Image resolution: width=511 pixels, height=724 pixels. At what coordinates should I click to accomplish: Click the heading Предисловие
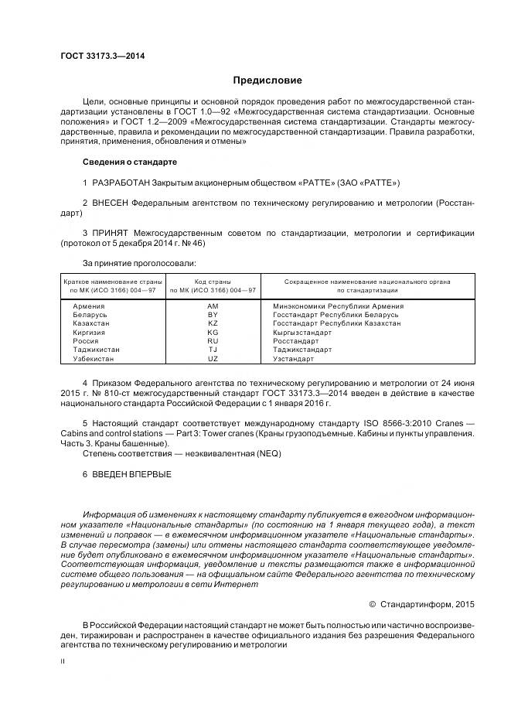coord(267,80)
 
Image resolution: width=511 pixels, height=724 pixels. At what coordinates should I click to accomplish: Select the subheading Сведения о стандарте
coord(130,162)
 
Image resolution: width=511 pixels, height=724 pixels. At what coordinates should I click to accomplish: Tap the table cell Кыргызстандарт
coord(302,333)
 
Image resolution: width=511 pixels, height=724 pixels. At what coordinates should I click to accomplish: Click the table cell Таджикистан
coord(96,350)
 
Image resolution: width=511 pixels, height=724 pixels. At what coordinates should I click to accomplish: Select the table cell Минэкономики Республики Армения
coord(338,306)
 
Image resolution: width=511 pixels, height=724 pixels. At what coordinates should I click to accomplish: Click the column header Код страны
coord(213,281)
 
